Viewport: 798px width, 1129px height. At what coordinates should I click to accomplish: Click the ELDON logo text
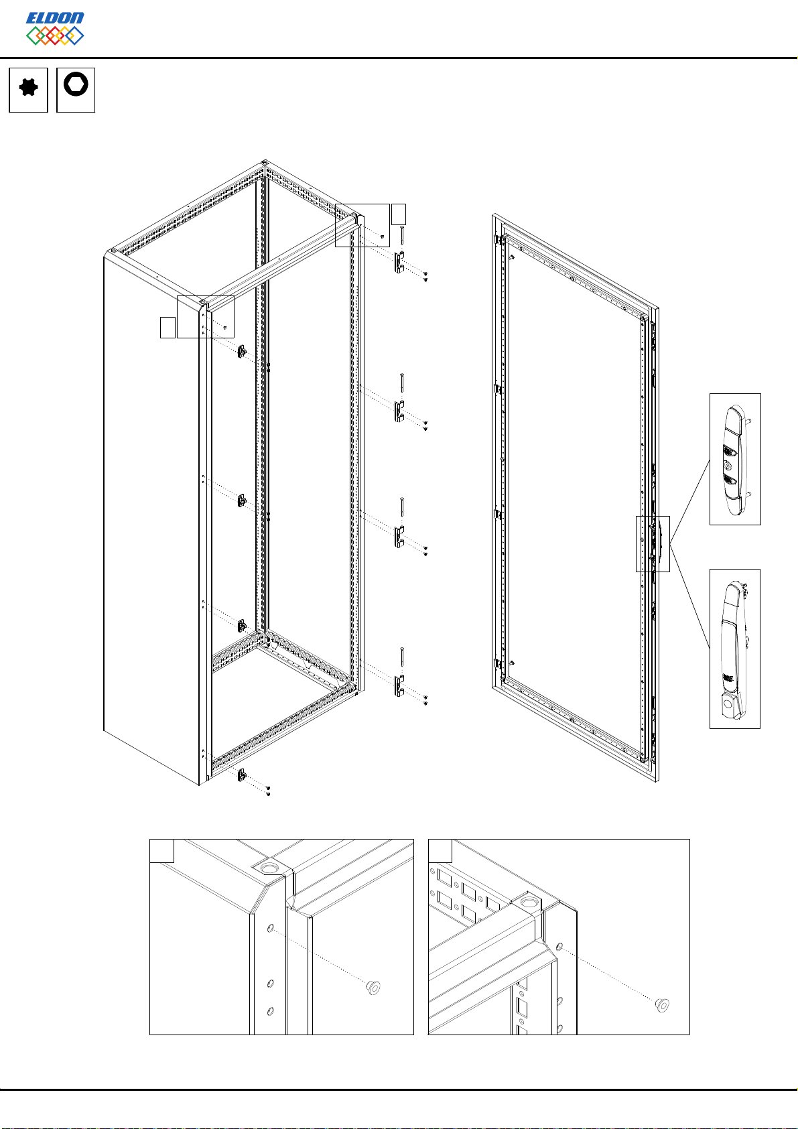[55, 18]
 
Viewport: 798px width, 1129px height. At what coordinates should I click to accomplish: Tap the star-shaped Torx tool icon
[28, 88]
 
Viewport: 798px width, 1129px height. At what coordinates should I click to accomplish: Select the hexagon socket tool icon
[76, 84]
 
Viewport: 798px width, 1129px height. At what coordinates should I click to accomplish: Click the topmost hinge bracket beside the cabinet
[399, 262]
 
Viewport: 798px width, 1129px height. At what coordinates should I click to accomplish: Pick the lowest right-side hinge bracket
[399, 686]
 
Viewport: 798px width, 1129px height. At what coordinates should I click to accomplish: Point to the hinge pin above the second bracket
[402, 383]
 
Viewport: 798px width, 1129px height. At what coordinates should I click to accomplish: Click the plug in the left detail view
[373, 988]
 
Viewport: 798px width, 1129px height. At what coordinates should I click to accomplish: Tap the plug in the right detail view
[662, 1005]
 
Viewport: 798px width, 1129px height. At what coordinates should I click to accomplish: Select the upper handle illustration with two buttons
[736, 459]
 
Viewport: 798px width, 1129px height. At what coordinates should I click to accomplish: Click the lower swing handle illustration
[734, 650]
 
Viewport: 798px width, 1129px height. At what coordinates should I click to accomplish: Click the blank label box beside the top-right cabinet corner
[399, 214]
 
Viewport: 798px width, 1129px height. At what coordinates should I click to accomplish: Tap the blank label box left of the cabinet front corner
[168, 327]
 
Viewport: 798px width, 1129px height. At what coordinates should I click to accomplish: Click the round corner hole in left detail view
[270, 868]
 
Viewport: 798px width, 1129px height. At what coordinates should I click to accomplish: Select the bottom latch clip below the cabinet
[241, 776]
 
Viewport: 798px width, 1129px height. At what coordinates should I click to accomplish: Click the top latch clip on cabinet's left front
[242, 351]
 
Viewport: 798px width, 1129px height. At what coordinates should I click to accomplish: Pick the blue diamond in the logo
[74, 36]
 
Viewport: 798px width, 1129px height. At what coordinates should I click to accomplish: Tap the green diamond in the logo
[36, 36]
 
